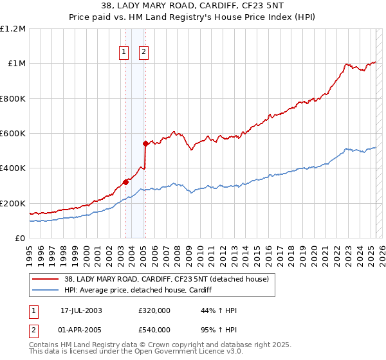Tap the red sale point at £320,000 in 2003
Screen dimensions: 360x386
click(x=126, y=182)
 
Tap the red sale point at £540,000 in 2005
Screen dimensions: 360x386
click(x=145, y=143)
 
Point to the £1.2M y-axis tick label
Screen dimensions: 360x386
click(x=13, y=29)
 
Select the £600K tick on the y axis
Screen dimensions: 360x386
click(x=13, y=134)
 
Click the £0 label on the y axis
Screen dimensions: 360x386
click(x=19, y=239)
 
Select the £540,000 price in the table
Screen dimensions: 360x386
click(x=154, y=329)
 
